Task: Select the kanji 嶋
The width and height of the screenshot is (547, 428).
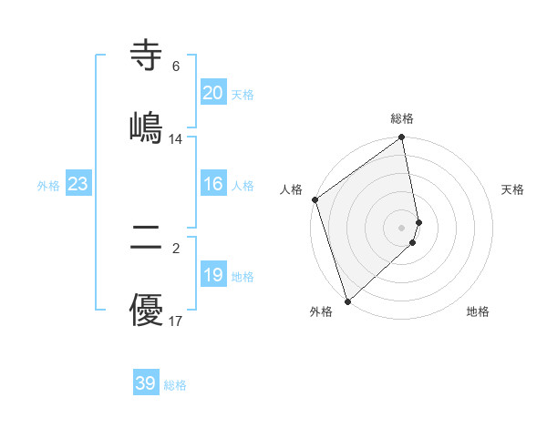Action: (146, 127)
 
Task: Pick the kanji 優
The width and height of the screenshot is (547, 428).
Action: (146, 310)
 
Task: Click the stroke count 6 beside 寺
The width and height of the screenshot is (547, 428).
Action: (176, 66)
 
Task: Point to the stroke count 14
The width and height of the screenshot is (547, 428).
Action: (176, 139)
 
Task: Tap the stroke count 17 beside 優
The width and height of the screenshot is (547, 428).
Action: (176, 321)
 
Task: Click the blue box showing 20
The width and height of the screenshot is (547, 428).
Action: (212, 93)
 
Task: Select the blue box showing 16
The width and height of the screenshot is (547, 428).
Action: (212, 184)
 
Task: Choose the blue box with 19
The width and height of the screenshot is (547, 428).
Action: (212, 275)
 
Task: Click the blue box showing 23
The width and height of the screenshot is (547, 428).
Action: (77, 184)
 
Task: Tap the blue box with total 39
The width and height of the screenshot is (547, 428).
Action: (146, 383)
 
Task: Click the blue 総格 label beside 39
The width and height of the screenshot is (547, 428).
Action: (175, 385)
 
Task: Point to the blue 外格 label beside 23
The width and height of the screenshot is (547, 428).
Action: (48, 186)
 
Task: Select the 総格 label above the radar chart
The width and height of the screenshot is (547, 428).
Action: (402, 118)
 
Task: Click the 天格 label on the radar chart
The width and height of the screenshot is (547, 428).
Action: (513, 189)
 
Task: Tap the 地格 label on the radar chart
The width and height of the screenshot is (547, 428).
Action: (478, 311)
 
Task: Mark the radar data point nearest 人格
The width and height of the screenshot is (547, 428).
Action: (315, 199)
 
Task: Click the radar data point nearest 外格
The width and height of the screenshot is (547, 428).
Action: (347, 301)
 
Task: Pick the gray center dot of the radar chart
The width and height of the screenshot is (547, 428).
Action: (402, 227)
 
